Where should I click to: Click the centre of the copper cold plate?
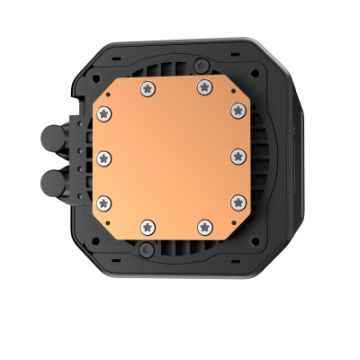coord(172,157)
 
